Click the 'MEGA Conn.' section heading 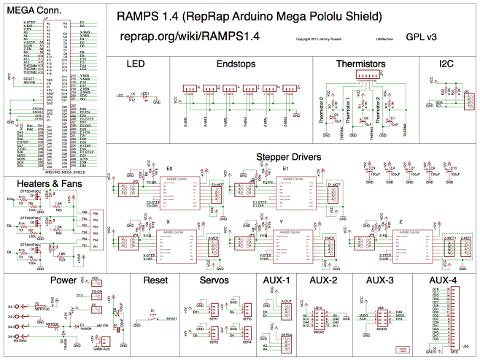[33, 12]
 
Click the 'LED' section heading [136, 65]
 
